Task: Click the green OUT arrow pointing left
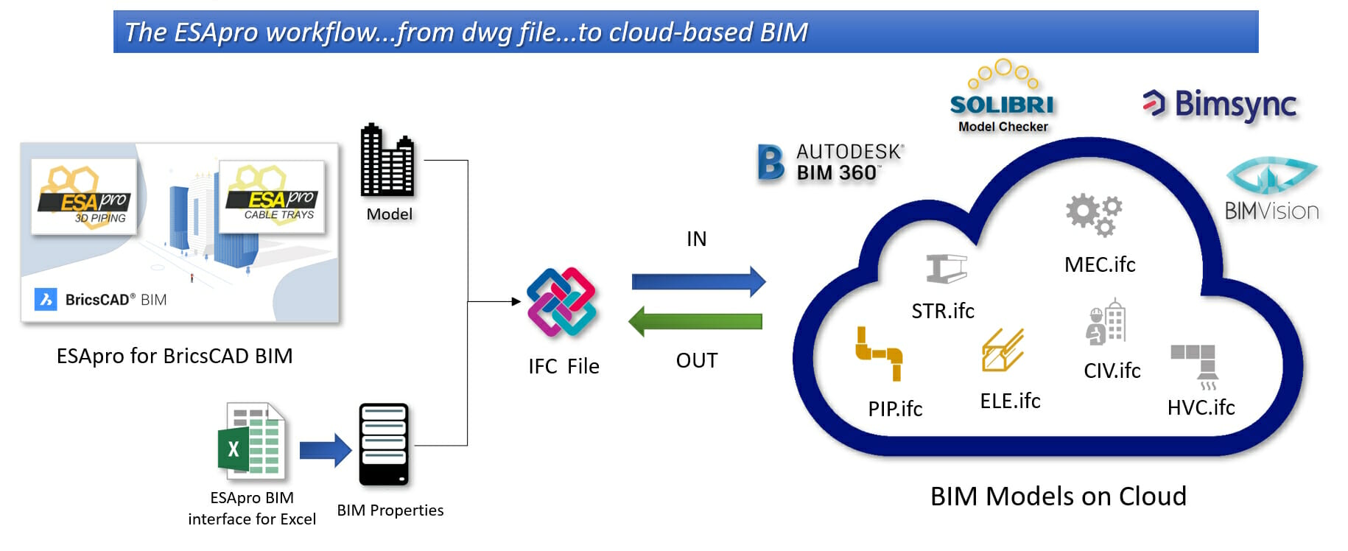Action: (696, 321)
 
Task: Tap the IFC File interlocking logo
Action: (562, 302)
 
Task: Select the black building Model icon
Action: (387, 161)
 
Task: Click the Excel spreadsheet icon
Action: (251, 441)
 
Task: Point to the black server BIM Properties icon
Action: (383, 444)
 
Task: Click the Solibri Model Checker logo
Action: (1003, 98)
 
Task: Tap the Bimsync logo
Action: (1220, 105)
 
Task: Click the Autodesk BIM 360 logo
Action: (831, 163)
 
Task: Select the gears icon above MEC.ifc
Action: (1094, 214)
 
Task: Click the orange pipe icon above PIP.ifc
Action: (879, 354)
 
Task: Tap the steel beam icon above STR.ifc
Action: (946, 269)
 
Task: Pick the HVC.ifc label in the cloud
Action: (1200, 407)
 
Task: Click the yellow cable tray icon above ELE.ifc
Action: (1003, 350)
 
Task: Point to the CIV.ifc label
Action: (1112, 371)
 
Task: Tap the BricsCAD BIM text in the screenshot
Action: (116, 300)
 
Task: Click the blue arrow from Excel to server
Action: (326, 450)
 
